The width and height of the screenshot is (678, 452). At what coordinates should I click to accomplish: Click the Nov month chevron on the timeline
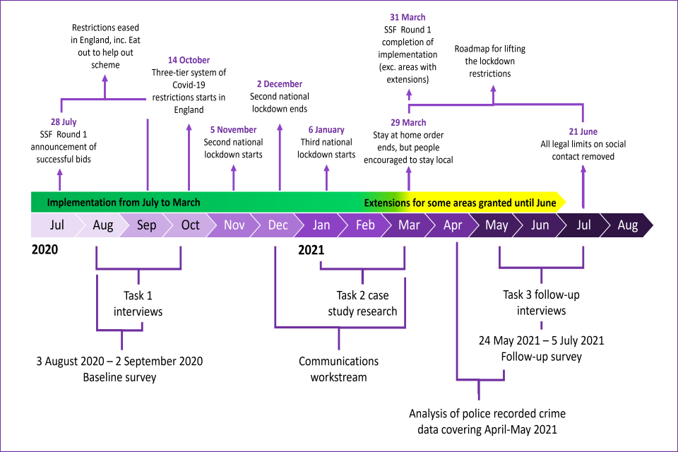[234, 225]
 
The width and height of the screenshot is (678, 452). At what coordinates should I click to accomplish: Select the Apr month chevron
[453, 225]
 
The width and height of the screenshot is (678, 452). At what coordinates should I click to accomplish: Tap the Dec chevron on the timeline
[278, 225]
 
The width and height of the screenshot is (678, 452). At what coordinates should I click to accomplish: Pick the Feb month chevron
[365, 225]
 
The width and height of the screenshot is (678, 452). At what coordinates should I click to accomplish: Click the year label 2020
[44, 249]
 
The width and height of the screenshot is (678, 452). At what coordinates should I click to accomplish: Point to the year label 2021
[311, 249]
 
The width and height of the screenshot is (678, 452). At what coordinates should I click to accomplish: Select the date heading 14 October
[189, 60]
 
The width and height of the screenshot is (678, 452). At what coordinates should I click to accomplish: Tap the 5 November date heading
[233, 130]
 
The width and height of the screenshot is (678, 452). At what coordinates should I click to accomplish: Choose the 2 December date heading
[279, 84]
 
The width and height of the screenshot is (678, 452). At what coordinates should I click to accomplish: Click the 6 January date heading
[326, 130]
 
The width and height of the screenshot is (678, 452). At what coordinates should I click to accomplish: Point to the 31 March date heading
[408, 17]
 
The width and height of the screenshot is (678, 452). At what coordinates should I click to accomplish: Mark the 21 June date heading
[583, 132]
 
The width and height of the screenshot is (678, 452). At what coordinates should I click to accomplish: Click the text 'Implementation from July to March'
[124, 203]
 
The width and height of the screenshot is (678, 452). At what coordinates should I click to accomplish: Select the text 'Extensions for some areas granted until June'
[460, 203]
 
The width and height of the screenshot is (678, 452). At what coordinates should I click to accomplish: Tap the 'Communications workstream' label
[338, 369]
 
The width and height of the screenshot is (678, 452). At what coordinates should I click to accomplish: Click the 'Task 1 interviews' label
[138, 304]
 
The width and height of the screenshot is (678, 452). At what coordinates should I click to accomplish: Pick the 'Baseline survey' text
[119, 377]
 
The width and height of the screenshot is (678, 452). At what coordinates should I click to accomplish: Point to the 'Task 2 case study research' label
[362, 304]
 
